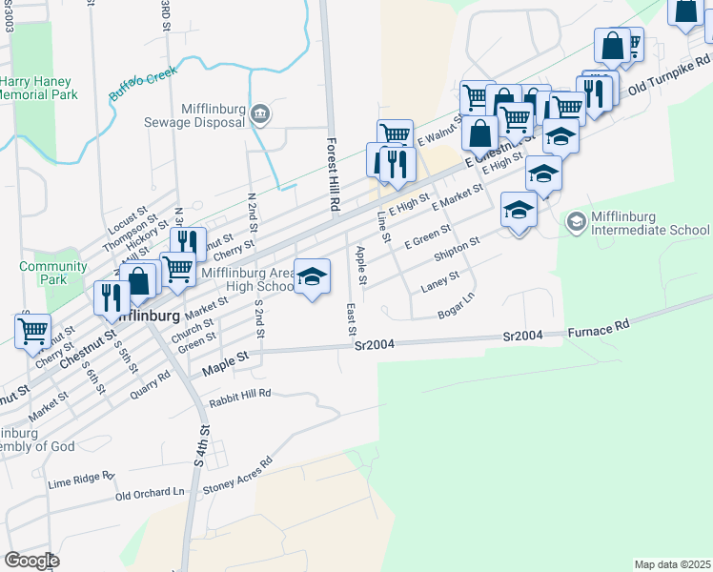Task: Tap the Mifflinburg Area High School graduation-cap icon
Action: pyautogui.click(x=312, y=276)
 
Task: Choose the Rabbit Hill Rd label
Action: pyautogui.click(x=237, y=392)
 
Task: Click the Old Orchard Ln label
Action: pyautogui.click(x=150, y=493)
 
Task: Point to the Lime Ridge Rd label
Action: pyautogui.click(x=81, y=478)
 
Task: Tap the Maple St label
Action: pyautogui.click(x=224, y=356)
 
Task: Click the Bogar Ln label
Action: pyautogui.click(x=455, y=306)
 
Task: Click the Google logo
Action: pyautogui.click(x=31, y=560)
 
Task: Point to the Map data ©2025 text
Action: pyautogui.click(x=671, y=564)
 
